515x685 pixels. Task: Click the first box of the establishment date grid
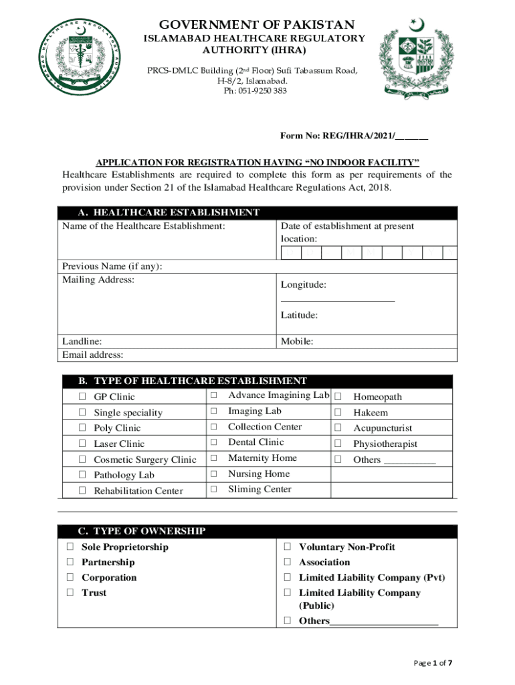tap(291, 253)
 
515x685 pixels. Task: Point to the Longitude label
tap(304, 285)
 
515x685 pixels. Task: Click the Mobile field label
tap(297, 341)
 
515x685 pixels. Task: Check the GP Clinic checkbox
tap(82, 397)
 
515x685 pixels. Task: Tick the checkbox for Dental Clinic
tap(214, 442)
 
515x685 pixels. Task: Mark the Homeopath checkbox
tap(338, 397)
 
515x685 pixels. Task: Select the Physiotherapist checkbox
tap(338, 444)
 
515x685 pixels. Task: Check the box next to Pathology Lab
tap(82, 475)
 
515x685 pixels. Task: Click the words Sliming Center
tap(260, 489)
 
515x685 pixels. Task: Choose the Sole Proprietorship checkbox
tap(70, 547)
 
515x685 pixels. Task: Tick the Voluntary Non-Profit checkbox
tap(287, 547)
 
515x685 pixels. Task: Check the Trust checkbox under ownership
tap(70, 593)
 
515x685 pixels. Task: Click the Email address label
tap(92, 355)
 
